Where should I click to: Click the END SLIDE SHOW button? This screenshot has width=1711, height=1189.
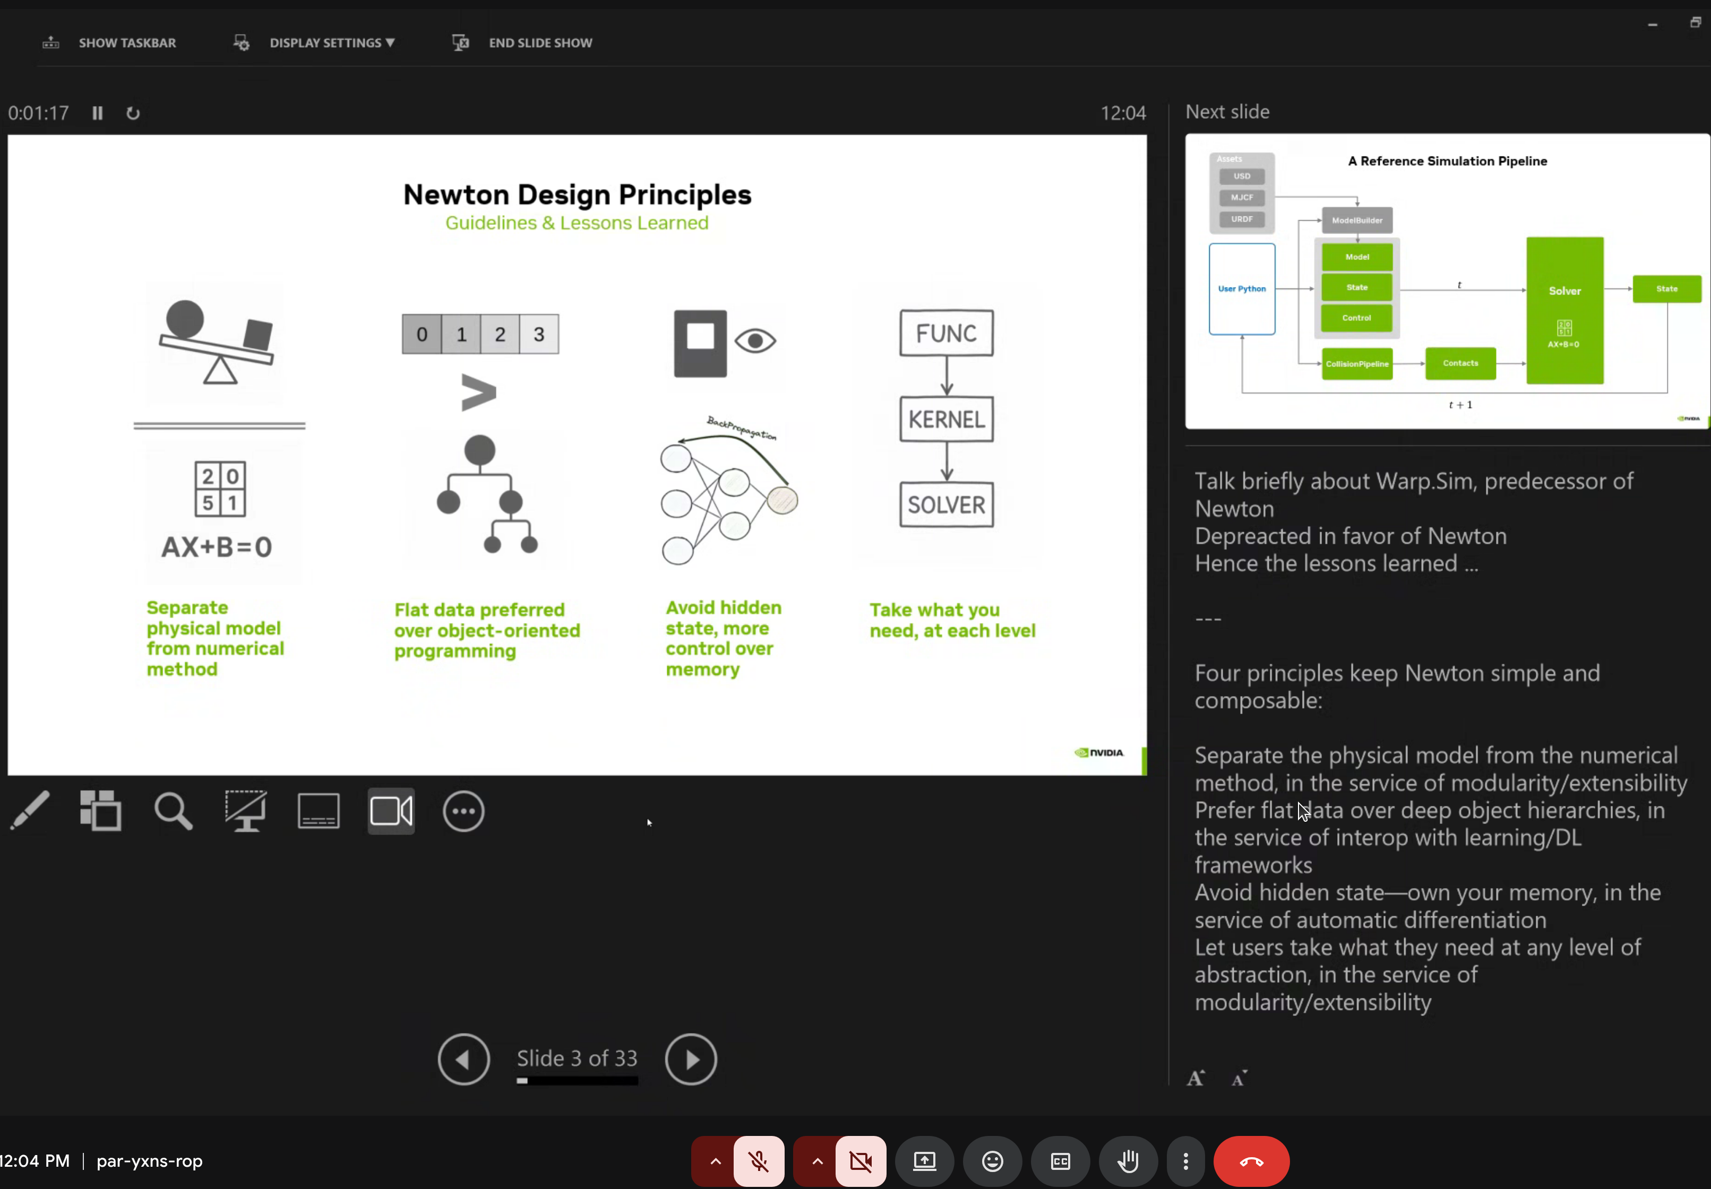pyautogui.click(x=539, y=43)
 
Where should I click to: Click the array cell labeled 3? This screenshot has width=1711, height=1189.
pyautogui.click(x=539, y=334)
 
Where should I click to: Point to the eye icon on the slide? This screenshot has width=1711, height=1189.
pyautogui.click(x=755, y=341)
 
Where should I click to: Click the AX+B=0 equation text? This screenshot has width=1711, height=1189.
pyautogui.click(x=217, y=548)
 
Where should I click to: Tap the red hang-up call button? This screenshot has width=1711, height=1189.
pyautogui.click(x=1251, y=1161)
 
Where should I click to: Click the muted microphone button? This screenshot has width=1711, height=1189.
pyautogui.click(x=759, y=1161)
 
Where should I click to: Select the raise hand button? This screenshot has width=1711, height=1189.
pyautogui.click(x=1128, y=1161)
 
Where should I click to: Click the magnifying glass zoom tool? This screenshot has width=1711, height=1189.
pyautogui.click(x=173, y=811)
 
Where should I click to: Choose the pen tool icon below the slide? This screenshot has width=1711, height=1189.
pyautogui.click(x=30, y=811)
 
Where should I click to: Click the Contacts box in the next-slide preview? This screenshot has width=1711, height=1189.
pyautogui.click(x=1460, y=363)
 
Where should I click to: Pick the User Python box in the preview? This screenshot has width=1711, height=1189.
pyautogui.click(x=1242, y=289)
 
